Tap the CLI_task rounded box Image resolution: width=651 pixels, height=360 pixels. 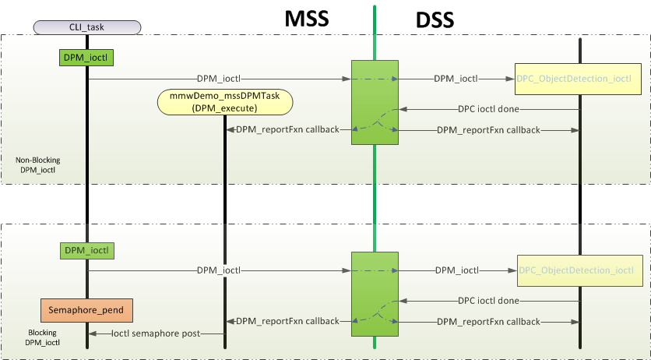(x=87, y=28)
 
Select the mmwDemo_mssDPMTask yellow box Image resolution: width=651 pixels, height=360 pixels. (x=225, y=102)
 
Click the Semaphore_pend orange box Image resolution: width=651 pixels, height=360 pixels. (x=86, y=310)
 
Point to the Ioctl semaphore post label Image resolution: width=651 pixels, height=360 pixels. (x=156, y=334)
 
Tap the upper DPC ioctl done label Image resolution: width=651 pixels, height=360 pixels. (x=488, y=109)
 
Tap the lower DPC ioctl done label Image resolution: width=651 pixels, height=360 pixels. (x=488, y=301)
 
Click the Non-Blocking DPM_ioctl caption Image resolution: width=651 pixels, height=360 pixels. (x=38, y=164)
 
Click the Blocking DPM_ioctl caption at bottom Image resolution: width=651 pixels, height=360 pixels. (x=42, y=337)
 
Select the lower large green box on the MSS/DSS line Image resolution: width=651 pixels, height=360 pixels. (x=375, y=295)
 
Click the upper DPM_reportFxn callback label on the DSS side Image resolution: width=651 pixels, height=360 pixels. (x=488, y=129)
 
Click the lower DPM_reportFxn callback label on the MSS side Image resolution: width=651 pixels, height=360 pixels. (x=287, y=321)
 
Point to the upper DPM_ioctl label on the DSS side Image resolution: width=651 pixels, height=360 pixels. (x=456, y=79)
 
